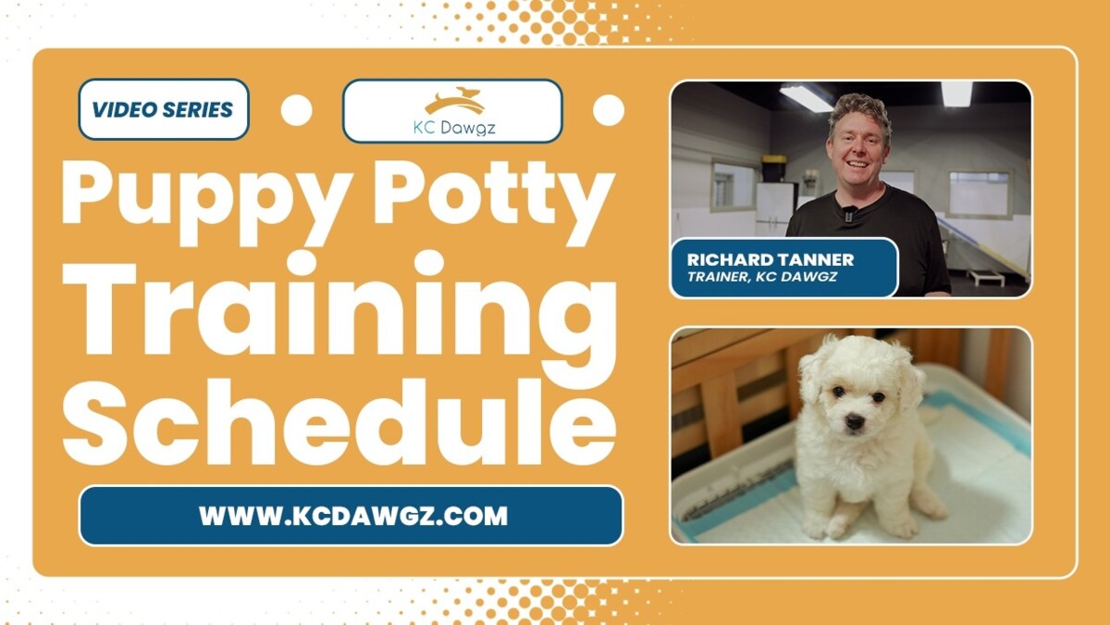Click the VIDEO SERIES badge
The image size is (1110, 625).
click(x=163, y=110)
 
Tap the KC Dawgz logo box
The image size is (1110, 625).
click(x=452, y=111)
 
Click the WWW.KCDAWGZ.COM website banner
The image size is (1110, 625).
click(x=351, y=516)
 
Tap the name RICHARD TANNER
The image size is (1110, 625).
click(x=771, y=260)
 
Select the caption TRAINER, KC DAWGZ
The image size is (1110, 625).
click(x=763, y=277)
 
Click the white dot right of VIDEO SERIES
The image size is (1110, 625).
click(x=296, y=110)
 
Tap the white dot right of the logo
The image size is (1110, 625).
click(x=608, y=110)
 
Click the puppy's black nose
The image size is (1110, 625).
click(x=856, y=421)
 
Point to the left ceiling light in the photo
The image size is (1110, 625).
click(x=805, y=97)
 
